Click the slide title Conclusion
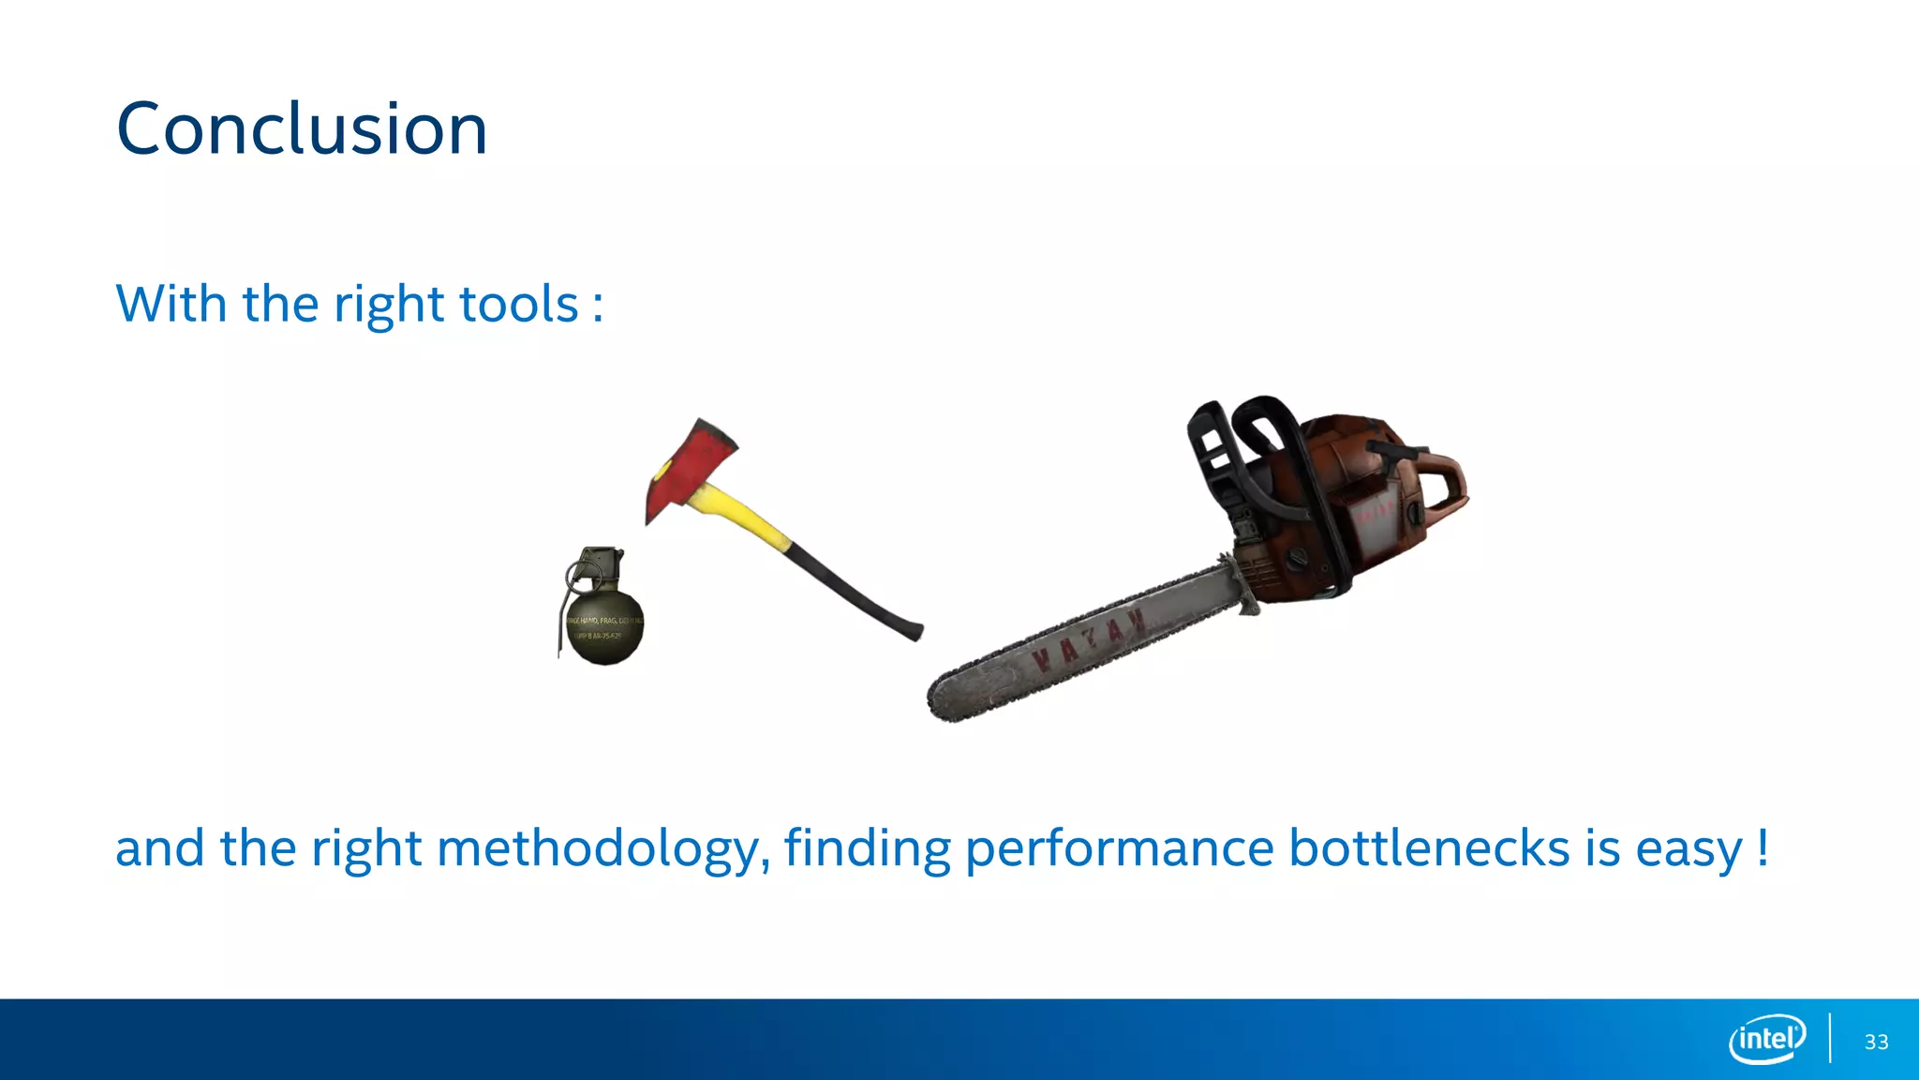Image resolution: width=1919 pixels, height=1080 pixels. tap(302, 128)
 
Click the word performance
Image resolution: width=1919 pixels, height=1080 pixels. tap(1119, 850)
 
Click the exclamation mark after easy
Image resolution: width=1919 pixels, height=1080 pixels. tap(1763, 847)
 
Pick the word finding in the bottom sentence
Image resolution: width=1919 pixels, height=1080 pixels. tap(867, 848)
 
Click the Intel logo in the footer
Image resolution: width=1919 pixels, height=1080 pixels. tap(1766, 1039)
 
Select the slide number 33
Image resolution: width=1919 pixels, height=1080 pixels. tap(1876, 1042)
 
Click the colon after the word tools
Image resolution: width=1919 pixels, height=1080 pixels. tap(597, 307)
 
